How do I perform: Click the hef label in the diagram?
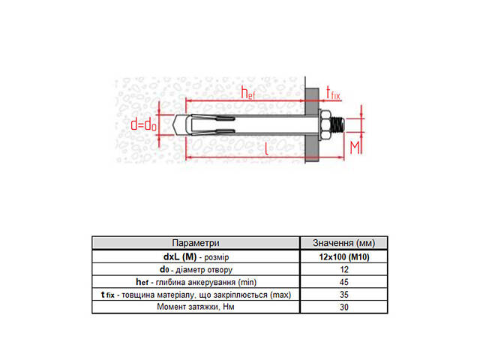click(248, 93)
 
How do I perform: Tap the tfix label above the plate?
click(333, 93)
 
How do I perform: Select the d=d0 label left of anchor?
click(143, 125)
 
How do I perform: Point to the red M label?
click(355, 148)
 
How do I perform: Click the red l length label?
click(267, 148)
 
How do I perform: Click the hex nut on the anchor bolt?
click(326, 125)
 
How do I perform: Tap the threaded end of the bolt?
click(338, 125)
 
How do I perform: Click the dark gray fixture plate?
click(312, 125)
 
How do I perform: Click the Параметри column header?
click(196, 243)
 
